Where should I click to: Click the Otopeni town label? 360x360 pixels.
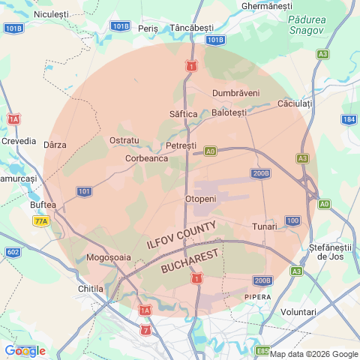200,199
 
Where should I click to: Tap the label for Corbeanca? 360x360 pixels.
146,158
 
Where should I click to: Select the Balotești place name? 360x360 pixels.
229,112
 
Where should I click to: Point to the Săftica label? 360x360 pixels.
184,113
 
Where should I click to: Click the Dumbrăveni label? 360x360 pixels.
236,93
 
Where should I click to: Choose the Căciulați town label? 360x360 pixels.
294,103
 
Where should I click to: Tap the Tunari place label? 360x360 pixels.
265,226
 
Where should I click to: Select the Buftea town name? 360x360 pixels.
43,205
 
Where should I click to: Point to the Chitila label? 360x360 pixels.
91,288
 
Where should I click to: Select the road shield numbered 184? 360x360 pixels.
349,119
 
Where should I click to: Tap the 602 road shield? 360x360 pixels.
13,253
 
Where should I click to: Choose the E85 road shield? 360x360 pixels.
262,350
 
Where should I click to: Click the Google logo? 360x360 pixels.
25,350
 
